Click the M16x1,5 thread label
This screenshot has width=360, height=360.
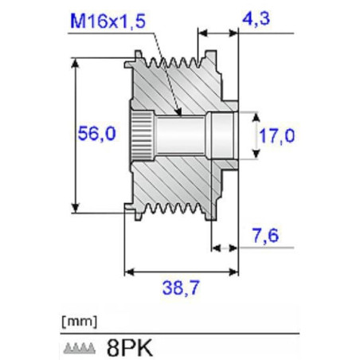[x=108, y=21]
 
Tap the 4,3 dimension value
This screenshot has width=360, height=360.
[x=256, y=18]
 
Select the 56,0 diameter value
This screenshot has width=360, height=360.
[x=97, y=134]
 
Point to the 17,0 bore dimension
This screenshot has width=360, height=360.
[x=277, y=135]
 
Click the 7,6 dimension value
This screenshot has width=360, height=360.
[x=265, y=235]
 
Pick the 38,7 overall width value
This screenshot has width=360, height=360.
[x=181, y=288]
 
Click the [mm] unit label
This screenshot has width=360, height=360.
[x=80, y=322]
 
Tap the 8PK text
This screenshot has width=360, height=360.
[x=130, y=348]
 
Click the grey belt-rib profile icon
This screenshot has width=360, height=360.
[x=80, y=348]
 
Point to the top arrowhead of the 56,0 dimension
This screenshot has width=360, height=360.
[x=76, y=63]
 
